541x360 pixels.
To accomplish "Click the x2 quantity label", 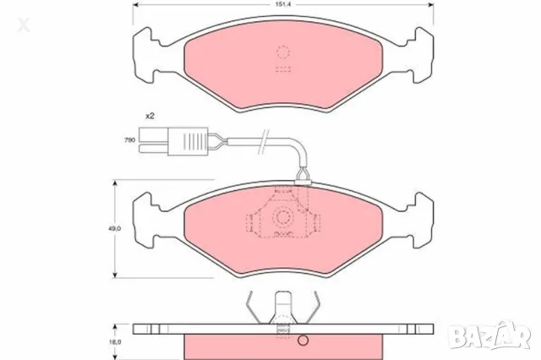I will point(150,116).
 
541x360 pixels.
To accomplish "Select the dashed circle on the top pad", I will point(283,52).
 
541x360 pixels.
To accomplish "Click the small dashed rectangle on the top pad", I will point(283,69).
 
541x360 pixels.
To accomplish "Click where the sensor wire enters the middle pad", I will point(302,179).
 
